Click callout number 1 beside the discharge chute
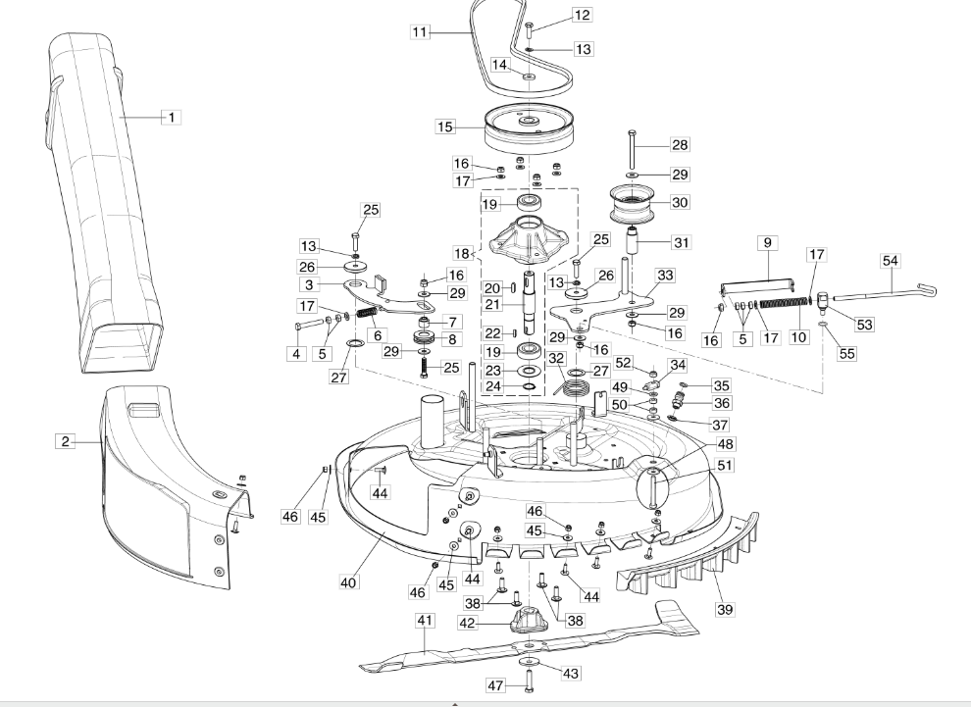click(x=171, y=117)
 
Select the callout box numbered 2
click(x=66, y=441)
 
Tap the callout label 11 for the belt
click(x=421, y=31)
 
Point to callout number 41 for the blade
click(x=426, y=621)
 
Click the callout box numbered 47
click(x=496, y=685)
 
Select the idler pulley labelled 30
click(x=634, y=203)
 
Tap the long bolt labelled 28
click(x=632, y=149)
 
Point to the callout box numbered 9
click(x=767, y=242)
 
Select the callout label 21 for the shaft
click(x=493, y=304)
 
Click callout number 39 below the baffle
click(x=725, y=609)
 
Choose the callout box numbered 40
click(x=348, y=581)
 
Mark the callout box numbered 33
click(x=665, y=275)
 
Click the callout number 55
click(x=846, y=353)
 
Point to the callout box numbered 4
click(x=296, y=353)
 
